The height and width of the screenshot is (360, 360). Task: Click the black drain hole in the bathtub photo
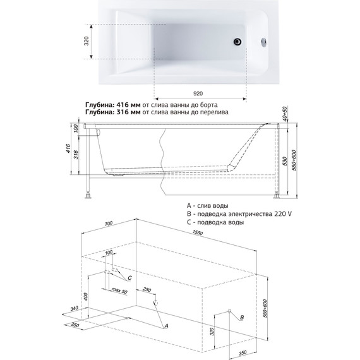[x=237, y=42]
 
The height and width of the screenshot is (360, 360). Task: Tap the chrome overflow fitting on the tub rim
[x=264, y=42]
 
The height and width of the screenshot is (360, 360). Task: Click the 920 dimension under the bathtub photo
[x=198, y=93]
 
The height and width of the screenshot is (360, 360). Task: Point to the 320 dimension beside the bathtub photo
[x=87, y=41]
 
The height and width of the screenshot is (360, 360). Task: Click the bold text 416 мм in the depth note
[x=128, y=105]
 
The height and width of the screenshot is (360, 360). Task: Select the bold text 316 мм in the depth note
[x=128, y=112]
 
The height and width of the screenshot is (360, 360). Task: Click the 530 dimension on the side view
[x=285, y=161]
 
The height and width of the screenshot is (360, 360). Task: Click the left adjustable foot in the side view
[x=88, y=195]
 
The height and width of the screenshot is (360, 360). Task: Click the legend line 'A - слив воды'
[x=208, y=205]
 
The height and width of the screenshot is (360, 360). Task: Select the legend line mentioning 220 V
[x=239, y=214]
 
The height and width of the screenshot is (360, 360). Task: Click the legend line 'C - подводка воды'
[x=215, y=222]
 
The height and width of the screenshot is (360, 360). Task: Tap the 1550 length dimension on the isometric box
[x=198, y=232]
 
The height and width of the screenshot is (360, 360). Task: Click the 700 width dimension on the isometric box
[x=109, y=224]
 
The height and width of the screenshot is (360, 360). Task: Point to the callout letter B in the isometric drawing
[x=242, y=318]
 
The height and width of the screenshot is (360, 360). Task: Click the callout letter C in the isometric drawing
[x=129, y=278]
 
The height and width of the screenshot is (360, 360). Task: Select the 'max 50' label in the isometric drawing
[x=119, y=291]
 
